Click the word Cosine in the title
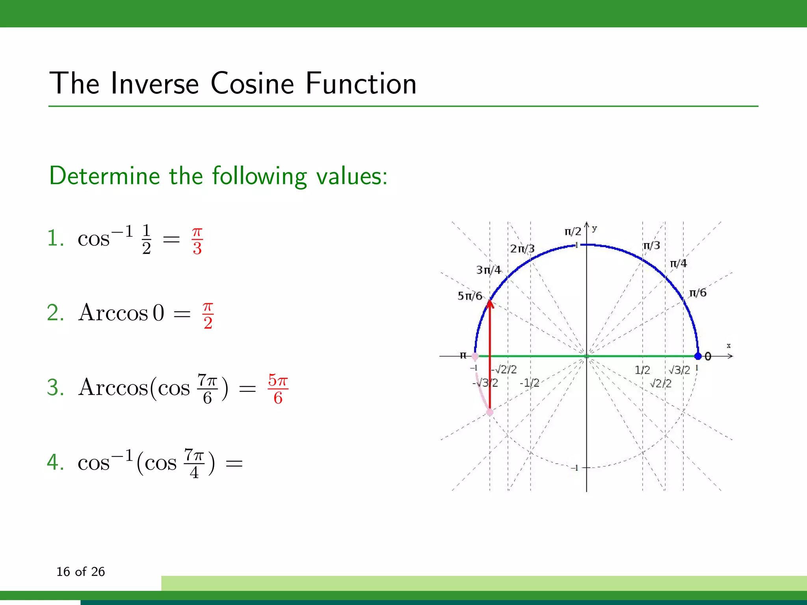click(x=252, y=84)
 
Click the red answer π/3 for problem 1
click(x=197, y=241)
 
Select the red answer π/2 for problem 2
click(x=208, y=315)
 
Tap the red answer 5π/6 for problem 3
click(x=278, y=389)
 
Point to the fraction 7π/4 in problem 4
click(x=194, y=463)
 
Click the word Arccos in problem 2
click(x=113, y=313)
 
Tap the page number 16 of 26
click(x=80, y=572)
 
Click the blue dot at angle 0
click(x=698, y=356)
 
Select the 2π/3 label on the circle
click(x=522, y=249)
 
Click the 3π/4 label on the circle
click(x=488, y=270)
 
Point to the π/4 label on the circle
click(x=678, y=264)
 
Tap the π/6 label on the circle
click(x=697, y=293)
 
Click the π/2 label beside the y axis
click(x=573, y=232)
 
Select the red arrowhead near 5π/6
click(x=490, y=303)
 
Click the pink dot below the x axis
click(x=489, y=412)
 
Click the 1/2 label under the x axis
click(x=642, y=370)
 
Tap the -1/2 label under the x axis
click(x=529, y=383)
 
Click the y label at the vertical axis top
click(x=594, y=228)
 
